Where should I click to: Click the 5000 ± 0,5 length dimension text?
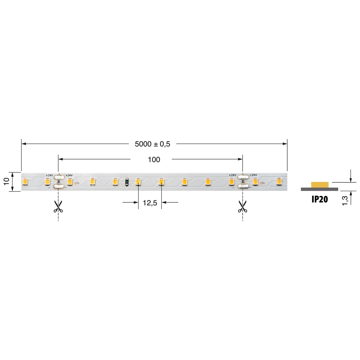152,144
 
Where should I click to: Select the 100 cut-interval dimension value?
154,159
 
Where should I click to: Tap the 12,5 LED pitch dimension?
150,203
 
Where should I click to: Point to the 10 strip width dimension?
6,181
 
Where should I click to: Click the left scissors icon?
58,206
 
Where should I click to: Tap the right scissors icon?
242,206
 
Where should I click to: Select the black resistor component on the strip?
127,182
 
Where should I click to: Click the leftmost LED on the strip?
25,181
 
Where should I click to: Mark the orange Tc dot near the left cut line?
75,183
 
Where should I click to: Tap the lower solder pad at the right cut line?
244,186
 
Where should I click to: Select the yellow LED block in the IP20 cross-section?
320,185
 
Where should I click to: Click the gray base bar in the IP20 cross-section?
319,189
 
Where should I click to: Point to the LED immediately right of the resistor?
138,181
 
